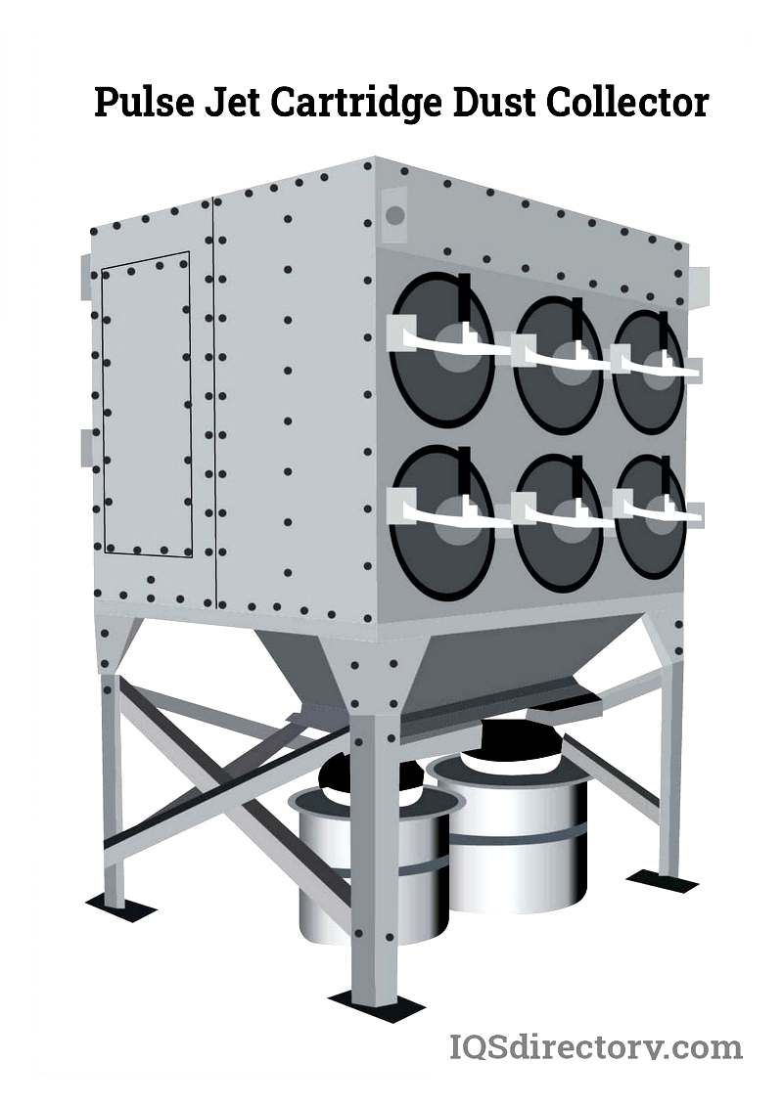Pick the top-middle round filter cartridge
click(x=559, y=364)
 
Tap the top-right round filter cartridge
click(x=649, y=372)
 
